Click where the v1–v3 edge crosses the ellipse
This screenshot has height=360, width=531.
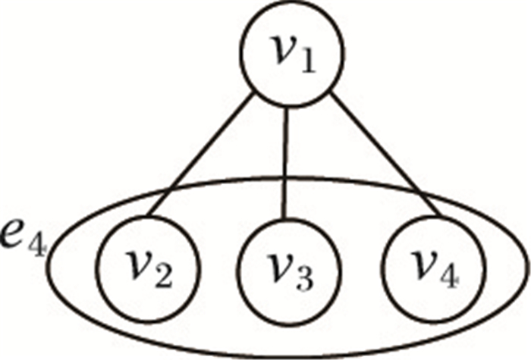(x=286, y=180)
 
